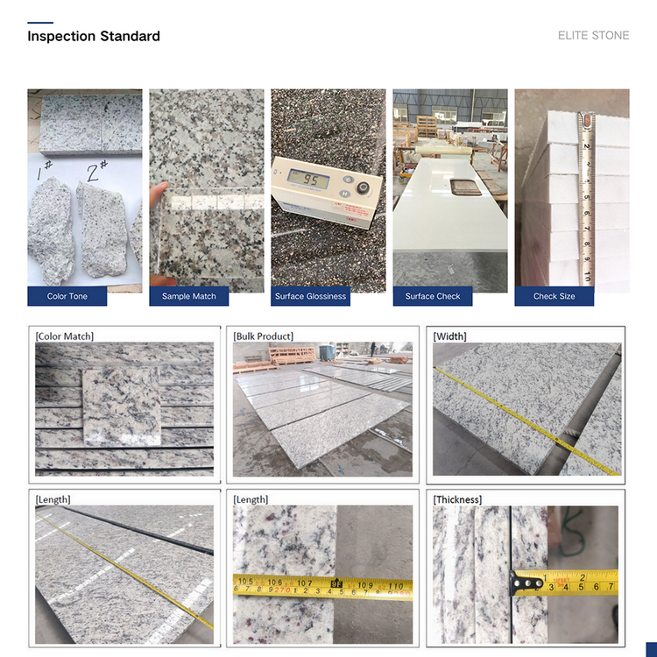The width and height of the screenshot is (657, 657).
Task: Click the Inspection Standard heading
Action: tap(94, 37)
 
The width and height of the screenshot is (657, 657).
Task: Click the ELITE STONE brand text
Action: tap(593, 36)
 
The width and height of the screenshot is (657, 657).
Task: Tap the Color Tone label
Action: tap(67, 296)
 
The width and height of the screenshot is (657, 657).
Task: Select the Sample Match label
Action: tap(189, 296)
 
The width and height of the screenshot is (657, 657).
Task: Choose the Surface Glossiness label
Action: tap(310, 296)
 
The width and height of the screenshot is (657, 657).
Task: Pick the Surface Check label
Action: tap(433, 296)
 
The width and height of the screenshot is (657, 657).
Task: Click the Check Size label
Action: tap(554, 296)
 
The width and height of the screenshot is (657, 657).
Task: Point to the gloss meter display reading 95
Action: tap(308, 180)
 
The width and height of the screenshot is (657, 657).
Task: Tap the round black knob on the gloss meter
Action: tap(363, 187)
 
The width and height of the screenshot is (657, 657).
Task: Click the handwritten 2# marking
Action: tap(97, 171)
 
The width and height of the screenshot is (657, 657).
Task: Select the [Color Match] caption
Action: tap(65, 336)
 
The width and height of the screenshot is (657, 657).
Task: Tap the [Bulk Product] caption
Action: tap(263, 336)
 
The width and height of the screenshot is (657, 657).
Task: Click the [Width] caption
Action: tap(449, 336)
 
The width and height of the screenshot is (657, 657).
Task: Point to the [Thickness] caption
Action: tap(457, 499)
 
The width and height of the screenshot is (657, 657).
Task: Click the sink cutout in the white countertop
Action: tap(465, 187)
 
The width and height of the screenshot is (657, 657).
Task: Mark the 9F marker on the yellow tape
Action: tap(336, 583)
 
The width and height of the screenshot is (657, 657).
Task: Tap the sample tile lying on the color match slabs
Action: tap(122, 406)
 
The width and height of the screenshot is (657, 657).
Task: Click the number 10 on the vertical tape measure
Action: tap(587, 277)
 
